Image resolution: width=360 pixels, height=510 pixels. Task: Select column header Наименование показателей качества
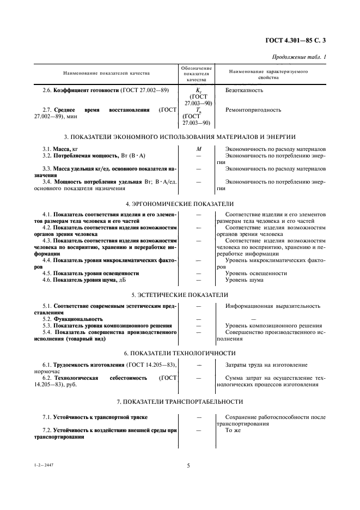click(x=106, y=73)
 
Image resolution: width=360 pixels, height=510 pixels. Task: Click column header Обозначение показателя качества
click(x=197, y=73)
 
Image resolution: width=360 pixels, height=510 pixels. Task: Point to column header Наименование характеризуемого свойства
click(x=269, y=75)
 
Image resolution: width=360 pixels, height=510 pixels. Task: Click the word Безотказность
click(x=244, y=90)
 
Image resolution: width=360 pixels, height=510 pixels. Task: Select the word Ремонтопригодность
click(x=253, y=110)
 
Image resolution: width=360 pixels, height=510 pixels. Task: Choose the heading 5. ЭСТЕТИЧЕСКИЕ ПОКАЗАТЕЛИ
click(x=179, y=294)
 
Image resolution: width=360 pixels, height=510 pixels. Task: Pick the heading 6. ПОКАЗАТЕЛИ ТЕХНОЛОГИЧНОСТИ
click(x=179, y=353)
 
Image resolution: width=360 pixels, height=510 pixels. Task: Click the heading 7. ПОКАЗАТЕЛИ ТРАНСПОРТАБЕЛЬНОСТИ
click(x=179, y=402)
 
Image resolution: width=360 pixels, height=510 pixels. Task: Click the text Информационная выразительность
click(x=272, y=306)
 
